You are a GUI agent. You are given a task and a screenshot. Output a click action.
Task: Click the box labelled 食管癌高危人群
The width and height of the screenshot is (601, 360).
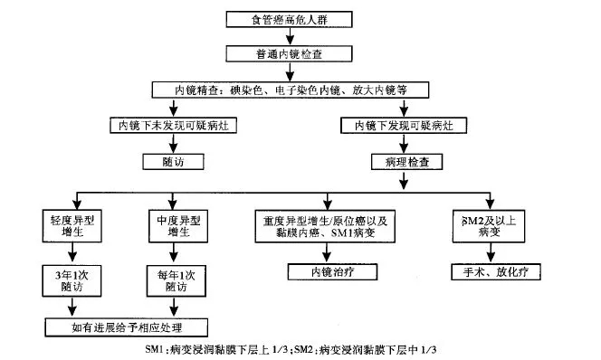pyautogui.click(x=289, y=19)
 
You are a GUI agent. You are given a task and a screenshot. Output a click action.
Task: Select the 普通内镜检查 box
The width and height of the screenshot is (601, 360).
pyautogui.click(x=289, y=54)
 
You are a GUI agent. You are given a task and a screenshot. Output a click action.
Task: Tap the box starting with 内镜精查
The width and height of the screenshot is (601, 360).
pyautogui.click(x=288, y=90)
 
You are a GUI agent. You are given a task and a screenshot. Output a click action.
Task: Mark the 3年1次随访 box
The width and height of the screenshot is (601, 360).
pyautogui.click(x=72, y=280)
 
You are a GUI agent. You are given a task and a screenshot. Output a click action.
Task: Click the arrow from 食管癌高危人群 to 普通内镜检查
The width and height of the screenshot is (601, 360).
pyautogui.click(x=289, y=36)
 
